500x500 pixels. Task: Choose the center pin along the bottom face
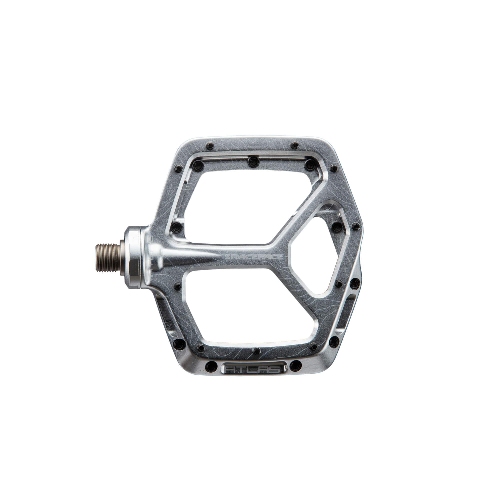(x=257, y=351)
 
